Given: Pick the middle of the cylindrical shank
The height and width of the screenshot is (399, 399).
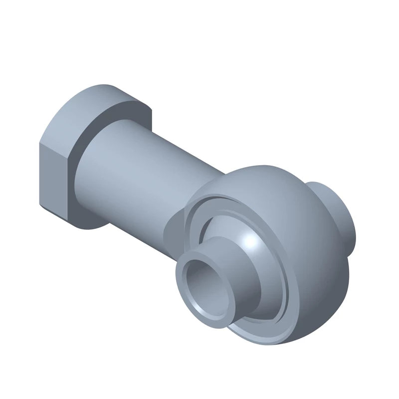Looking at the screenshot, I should (150, 175).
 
